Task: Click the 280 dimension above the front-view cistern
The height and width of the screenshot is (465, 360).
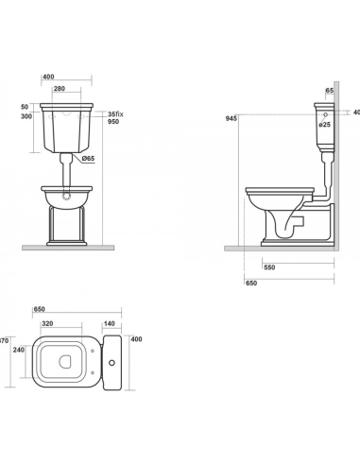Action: point(60,89)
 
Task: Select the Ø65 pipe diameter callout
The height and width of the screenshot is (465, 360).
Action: point(88,159)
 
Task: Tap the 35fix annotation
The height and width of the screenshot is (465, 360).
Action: point(115,114)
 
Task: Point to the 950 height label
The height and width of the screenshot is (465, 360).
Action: point(113,122)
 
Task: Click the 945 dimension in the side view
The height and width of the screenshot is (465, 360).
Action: point(231,118)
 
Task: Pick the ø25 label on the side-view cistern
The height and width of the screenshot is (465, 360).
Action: point(324,125)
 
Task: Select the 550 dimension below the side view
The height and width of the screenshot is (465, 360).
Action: point(269,267)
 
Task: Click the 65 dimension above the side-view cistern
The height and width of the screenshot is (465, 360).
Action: point(330,91)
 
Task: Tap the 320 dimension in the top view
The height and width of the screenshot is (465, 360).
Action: point(47,323)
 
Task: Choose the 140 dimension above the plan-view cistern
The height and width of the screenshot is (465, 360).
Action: point(109,323)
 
